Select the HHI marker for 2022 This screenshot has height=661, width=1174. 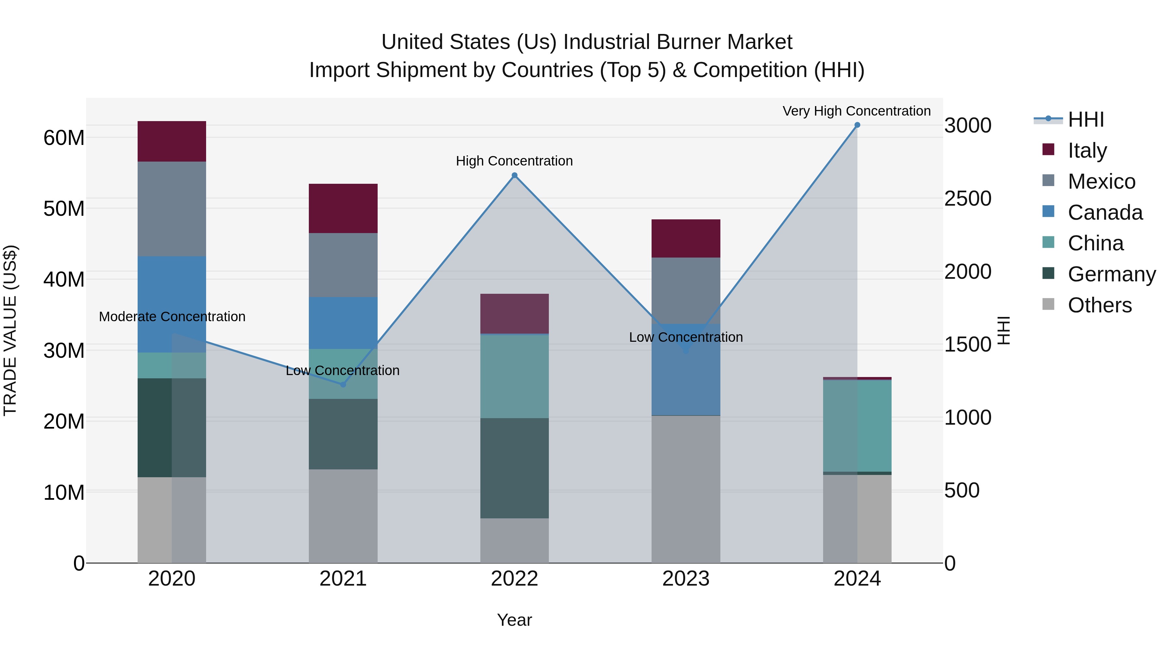click(x=515, y=176)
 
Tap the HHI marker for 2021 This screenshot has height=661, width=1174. click(x=343, y=385)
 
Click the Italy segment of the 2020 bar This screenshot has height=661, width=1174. click(x=172, y=141)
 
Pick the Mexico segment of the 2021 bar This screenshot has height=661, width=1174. click(x=343, y=265)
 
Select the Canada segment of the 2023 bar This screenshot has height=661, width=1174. click(x=686, y=370)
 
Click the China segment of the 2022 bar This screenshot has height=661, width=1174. click(x=515, y=376)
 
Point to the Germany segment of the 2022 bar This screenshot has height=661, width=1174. click(x=515, y=468)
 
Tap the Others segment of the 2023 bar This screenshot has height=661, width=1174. click(x=686, y=489)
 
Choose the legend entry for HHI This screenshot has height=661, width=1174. click(x=1086, y=119)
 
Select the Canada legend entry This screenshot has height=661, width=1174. click(x=1105, y=212)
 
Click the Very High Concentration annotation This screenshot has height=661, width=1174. click(x=856, y=111)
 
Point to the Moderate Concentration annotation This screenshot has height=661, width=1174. click(x=172, y=317)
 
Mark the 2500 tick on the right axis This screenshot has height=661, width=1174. click(x=968, y=198)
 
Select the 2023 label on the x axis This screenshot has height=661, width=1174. click(x=686, y=579)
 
